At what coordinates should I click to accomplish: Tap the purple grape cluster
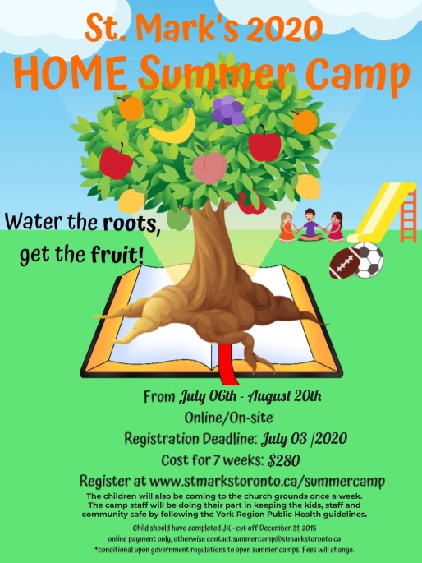point(227,110)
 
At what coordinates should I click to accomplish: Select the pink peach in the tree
point(209,166)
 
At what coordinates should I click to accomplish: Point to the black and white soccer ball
point(368,261)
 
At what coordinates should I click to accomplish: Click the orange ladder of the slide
point(408,216)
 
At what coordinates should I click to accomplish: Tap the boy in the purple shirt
point(310,225)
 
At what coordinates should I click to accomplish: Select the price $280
point(283,460)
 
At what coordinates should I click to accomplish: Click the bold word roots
point(131,224)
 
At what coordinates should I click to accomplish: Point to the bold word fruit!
point(117,255)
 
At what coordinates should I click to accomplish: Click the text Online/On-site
point(228,418)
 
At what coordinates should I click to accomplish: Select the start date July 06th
point(208,397)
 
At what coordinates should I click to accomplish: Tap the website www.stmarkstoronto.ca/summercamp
point(267,481)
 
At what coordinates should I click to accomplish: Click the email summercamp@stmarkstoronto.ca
point(287,539)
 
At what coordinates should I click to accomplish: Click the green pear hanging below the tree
point(178,219)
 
